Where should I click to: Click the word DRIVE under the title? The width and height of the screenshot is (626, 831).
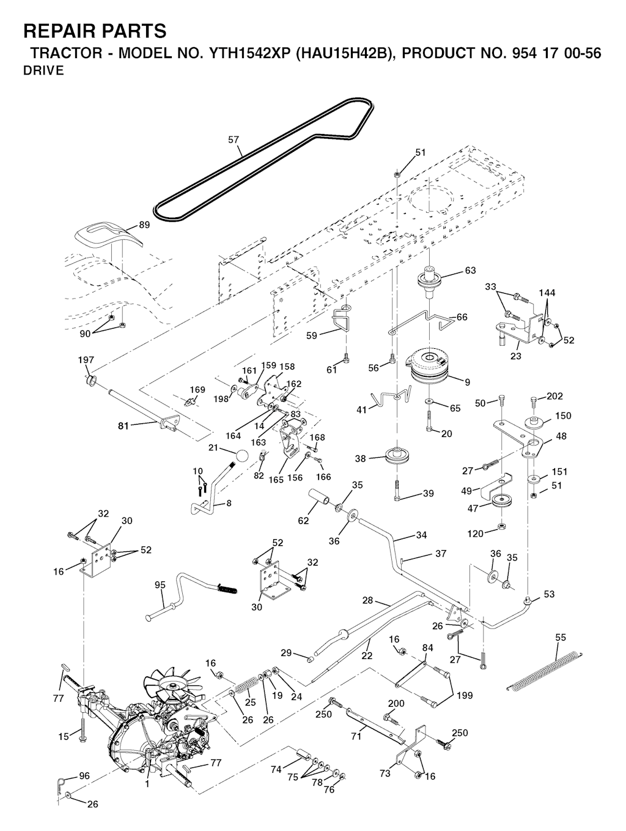[43, 71]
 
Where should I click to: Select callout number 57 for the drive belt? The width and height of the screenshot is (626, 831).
[234, 140]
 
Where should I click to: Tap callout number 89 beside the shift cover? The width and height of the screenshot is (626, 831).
[144, 225]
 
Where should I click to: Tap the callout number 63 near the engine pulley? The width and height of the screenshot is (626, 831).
[470, 270]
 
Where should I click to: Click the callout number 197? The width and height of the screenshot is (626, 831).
[86, 360]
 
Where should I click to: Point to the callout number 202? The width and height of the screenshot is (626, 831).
[554, 397]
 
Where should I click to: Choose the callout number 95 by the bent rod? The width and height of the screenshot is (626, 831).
[160, 584]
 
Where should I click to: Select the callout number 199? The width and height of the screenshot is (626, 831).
[464, 696]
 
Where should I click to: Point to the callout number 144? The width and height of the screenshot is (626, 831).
[547, 293]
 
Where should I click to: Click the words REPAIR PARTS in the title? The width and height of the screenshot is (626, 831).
[94, 31]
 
